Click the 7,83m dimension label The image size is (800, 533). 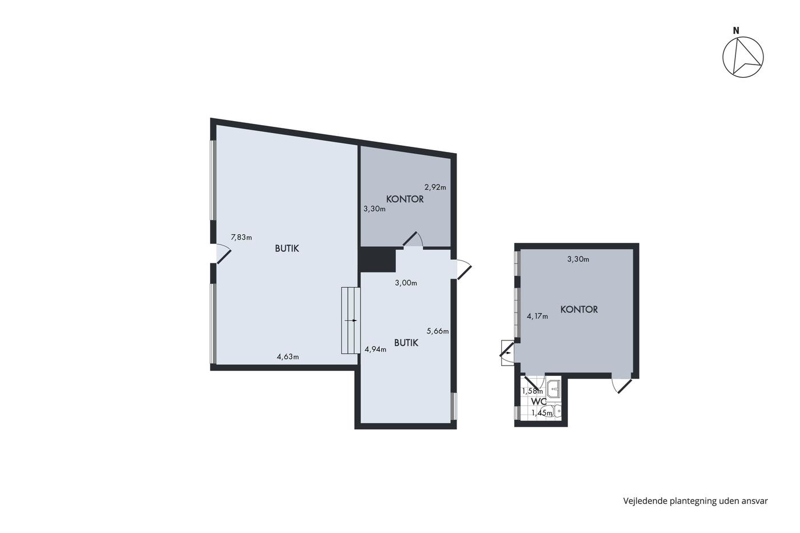click(241, 237)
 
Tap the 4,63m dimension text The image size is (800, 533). click(288, 356)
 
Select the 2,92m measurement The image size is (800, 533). click(435, 187)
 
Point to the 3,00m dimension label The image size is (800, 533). click(406, 283)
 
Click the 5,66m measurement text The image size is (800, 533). click(438, 331)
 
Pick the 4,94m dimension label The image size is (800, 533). click(375, 349)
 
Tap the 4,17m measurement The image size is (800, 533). click(538, 316)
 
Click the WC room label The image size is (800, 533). click(538, 401)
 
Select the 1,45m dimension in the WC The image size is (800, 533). click(542, 413)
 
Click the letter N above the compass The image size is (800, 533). click(736, 31)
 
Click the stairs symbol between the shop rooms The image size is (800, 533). click(350, 320)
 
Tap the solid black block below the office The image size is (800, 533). click(378, 259)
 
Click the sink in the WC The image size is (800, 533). click(554, 389)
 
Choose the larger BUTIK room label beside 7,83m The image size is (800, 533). click(287, 249)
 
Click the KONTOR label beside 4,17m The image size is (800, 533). click(579, 309)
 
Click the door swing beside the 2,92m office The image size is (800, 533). click(414, 239)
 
